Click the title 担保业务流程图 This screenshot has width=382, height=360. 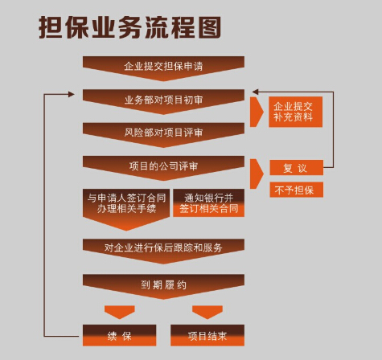130,27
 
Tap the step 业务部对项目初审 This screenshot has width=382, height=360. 163,102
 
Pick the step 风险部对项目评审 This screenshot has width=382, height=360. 163,135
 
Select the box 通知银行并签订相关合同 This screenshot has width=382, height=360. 209,203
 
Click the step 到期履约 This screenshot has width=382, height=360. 163,287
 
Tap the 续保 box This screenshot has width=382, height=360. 119,335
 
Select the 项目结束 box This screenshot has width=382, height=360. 207,335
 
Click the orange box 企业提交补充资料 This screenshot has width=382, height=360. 296,112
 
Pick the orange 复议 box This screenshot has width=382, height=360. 297,168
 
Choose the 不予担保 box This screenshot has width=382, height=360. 297,190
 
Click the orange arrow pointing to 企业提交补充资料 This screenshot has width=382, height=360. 257,112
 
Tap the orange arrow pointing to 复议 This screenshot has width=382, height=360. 257,174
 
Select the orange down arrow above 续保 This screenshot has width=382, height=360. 120,313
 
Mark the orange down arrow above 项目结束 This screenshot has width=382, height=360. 207,313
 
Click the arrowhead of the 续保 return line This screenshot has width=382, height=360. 72,94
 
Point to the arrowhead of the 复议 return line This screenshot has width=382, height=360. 255,92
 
